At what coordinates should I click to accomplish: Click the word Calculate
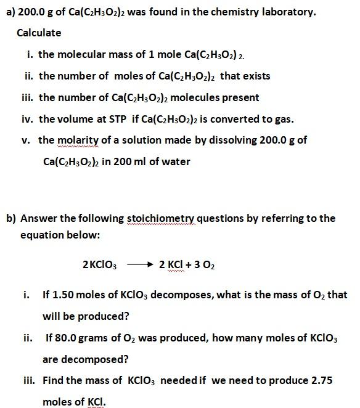pyautogui.click(x=39, y=33)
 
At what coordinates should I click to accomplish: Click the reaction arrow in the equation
pyautogui.click(x=139, y=264)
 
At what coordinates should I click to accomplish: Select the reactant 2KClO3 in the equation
pyautogui.click(x=99, y=265)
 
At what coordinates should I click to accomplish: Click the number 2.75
pyautogui.click(x=322, y=381)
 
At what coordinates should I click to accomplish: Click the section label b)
pyautogui.click(x=10, y=218)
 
